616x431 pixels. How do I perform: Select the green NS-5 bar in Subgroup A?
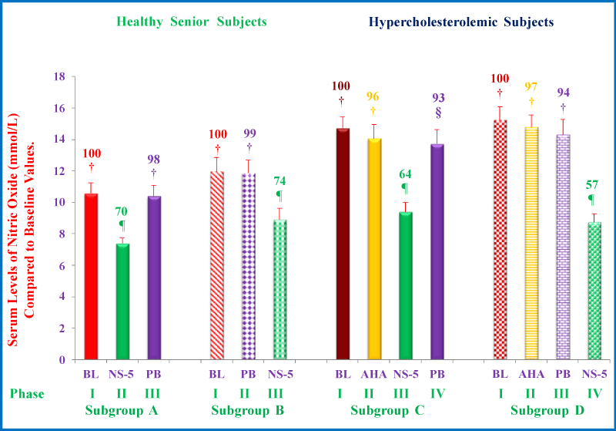(122, 301)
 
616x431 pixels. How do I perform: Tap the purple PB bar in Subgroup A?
(154, 278)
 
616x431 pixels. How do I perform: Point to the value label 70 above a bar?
(122, 210)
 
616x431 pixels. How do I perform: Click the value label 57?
(592, 185)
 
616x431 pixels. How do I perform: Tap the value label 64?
(404, 173)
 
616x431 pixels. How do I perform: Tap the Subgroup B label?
(248, 410)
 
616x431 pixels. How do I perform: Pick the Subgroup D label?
(545, 410)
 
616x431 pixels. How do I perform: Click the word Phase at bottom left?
(27, 393)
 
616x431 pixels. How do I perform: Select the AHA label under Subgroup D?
(531, 375)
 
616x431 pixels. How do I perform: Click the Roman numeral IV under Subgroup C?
(437, 393)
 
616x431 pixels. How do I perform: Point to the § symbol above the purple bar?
(437, 113)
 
